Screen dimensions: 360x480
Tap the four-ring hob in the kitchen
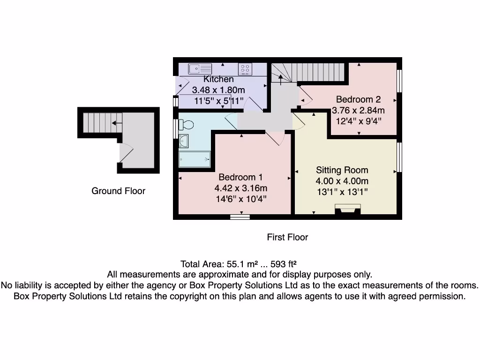245,69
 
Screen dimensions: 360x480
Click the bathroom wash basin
183,141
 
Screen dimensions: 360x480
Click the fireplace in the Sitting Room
347,209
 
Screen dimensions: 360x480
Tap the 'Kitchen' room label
218,79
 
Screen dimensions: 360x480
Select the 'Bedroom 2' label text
358,99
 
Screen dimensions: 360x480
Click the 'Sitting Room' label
342,170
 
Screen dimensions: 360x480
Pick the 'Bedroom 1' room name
240,177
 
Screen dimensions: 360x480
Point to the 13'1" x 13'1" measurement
342,192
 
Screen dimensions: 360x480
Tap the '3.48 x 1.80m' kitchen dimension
219,90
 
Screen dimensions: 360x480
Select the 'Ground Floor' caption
118,191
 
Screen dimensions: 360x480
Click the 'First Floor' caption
287,237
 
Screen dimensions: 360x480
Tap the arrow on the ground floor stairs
116,123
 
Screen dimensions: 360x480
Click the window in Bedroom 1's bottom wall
240,217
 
